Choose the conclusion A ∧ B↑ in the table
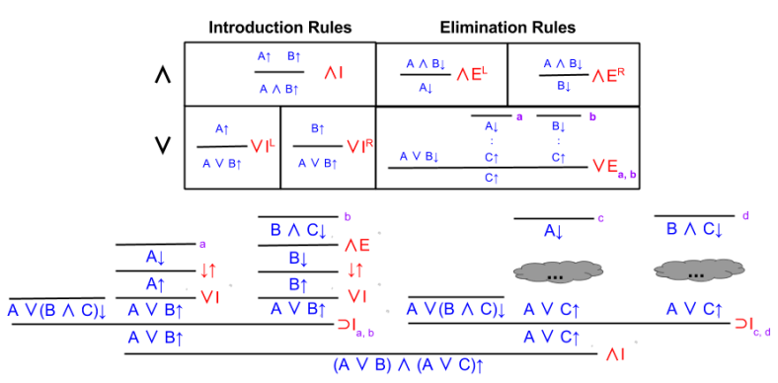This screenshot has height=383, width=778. tap(279, 89)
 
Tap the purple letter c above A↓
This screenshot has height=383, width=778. tap(600, 218)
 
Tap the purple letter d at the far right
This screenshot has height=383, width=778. tap(744, 215)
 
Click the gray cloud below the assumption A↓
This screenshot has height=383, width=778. tap(557, 270)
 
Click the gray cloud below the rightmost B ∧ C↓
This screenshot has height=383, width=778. tap(694, 270)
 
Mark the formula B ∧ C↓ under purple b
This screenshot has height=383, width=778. tap(301, 231)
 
